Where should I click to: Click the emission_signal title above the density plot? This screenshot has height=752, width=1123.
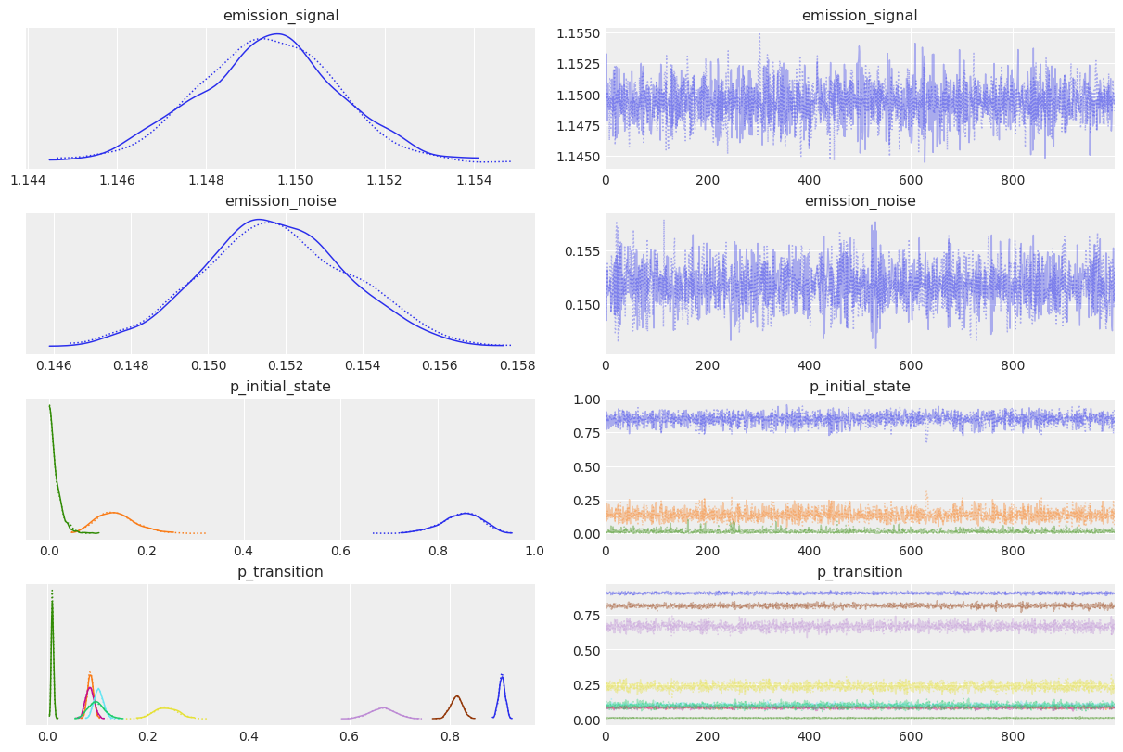[280, 15]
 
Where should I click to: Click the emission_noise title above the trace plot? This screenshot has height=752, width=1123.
[860, 200]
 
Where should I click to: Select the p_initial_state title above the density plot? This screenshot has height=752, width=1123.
[280, 386]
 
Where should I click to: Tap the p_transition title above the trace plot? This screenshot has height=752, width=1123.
[860, 571]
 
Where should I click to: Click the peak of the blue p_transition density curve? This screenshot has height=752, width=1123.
[502, 675]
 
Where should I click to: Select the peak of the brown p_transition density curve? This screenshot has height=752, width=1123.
[456, 696]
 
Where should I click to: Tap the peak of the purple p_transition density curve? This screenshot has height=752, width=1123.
[382, 707]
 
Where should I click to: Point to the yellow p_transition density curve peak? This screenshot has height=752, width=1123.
[165, 708]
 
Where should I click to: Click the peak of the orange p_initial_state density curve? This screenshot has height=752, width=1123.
[113, 512]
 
